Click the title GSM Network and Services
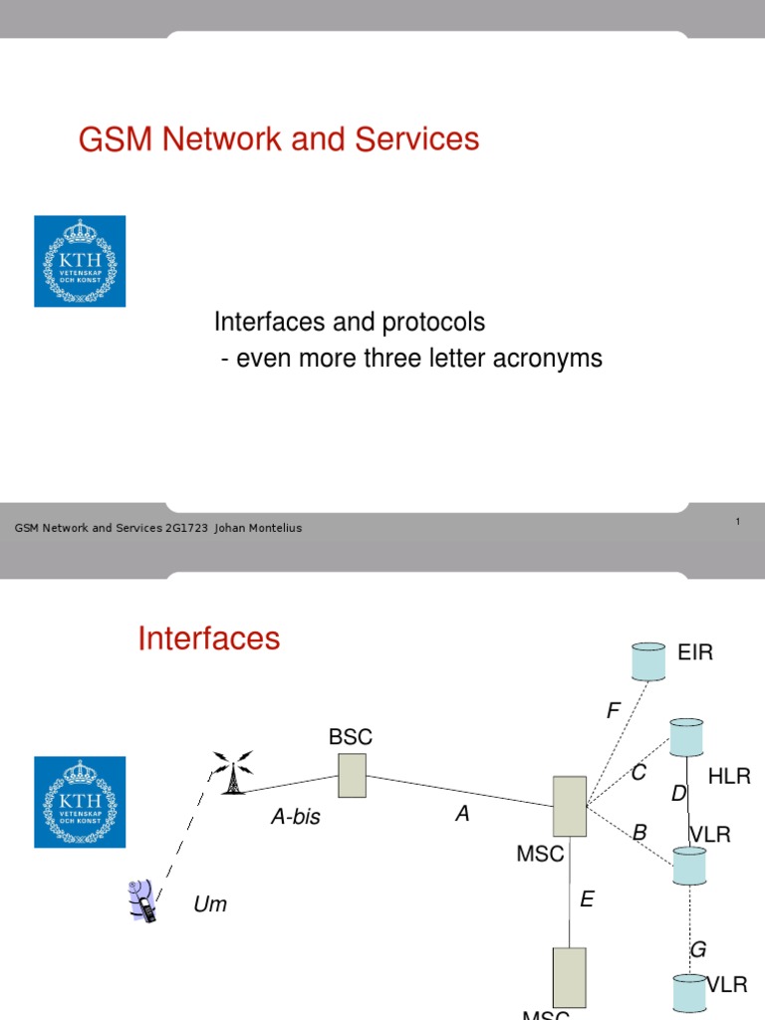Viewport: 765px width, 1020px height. tap(279, 139)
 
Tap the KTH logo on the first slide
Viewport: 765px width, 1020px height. tap(80, 261)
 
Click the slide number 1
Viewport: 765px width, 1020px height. tap(737, 521)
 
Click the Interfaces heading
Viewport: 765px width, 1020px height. tap(209, 638)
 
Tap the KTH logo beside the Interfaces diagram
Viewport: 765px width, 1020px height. tap(80, 802)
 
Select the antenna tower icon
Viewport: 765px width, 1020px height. tap(231, 773)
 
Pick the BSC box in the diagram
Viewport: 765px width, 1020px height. tap(352, 775)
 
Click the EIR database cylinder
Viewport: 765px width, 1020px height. tap(648, 660)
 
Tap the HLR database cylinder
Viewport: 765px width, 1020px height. tap(686, 737)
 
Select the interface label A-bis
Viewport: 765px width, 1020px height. tap(296, 818)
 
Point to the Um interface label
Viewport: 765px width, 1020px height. tap(210, 905)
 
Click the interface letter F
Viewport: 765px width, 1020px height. tap(614, 711)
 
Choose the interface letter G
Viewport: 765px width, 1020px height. tap(698, 950)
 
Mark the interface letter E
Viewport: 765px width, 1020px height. tap(587, 900)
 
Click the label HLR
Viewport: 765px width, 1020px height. tap(729, 777)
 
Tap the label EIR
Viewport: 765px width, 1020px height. tap(695, 653)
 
